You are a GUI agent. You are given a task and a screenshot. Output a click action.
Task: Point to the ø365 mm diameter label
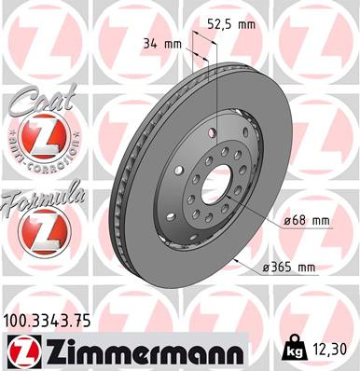point(290,268)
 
